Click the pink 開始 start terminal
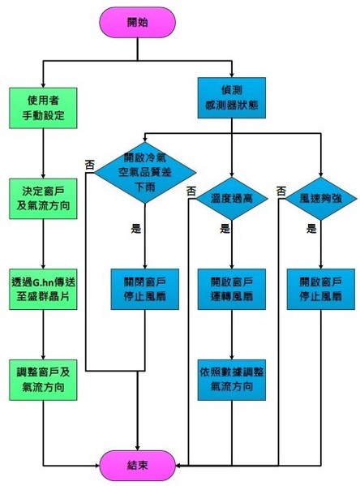(137, 22)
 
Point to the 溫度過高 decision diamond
(231, 197)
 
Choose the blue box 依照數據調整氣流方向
(231, 379)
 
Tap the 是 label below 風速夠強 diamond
(311, 230)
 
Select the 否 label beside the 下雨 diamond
(89, 164)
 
